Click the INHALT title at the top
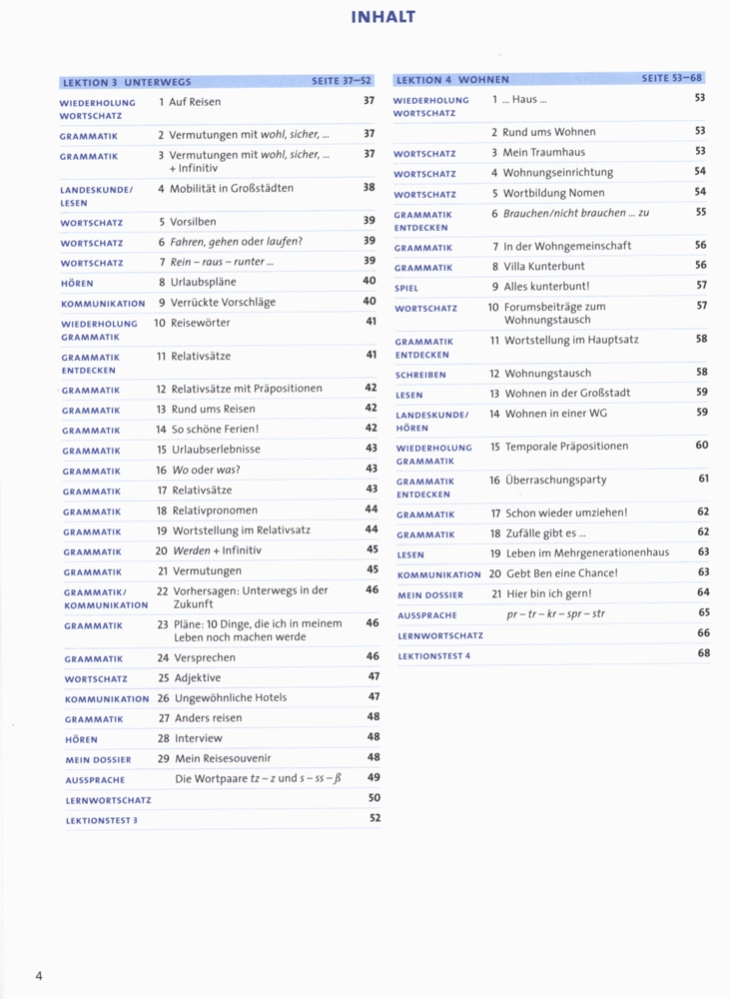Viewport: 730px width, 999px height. click(x=383, y=17)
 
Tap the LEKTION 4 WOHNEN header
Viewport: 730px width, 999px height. click(x=452, y=80)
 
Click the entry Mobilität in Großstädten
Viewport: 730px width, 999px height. click(x=232, y=188)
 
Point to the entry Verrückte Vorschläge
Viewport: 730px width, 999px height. click(x=225, y=302)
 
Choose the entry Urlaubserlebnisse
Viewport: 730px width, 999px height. click(x=216, y=449)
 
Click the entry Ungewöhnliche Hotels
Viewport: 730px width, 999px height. click(x=231, y=697)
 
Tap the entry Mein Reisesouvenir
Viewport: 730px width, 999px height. click(x=223, y=758)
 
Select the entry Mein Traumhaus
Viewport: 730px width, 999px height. click(x=544, y=153)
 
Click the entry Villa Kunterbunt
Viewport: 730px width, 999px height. click(x=544, y=266)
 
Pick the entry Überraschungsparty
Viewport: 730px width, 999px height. click(x=555, y=481)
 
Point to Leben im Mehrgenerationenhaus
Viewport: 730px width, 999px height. click(x=587, y=552)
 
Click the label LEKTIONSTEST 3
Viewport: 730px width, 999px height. click(x=102, y=820)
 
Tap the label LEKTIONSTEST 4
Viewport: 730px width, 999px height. click(x=433, y=655)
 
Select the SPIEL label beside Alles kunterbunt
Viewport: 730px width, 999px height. click(x=406, y=288)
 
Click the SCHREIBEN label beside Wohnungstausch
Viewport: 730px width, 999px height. click(x=420, y=375)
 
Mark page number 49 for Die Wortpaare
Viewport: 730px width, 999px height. click(x=373, y=777)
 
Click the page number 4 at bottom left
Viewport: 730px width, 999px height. click(x=38, y=976)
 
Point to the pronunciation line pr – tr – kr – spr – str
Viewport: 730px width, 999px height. click(x=555, y=613)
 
